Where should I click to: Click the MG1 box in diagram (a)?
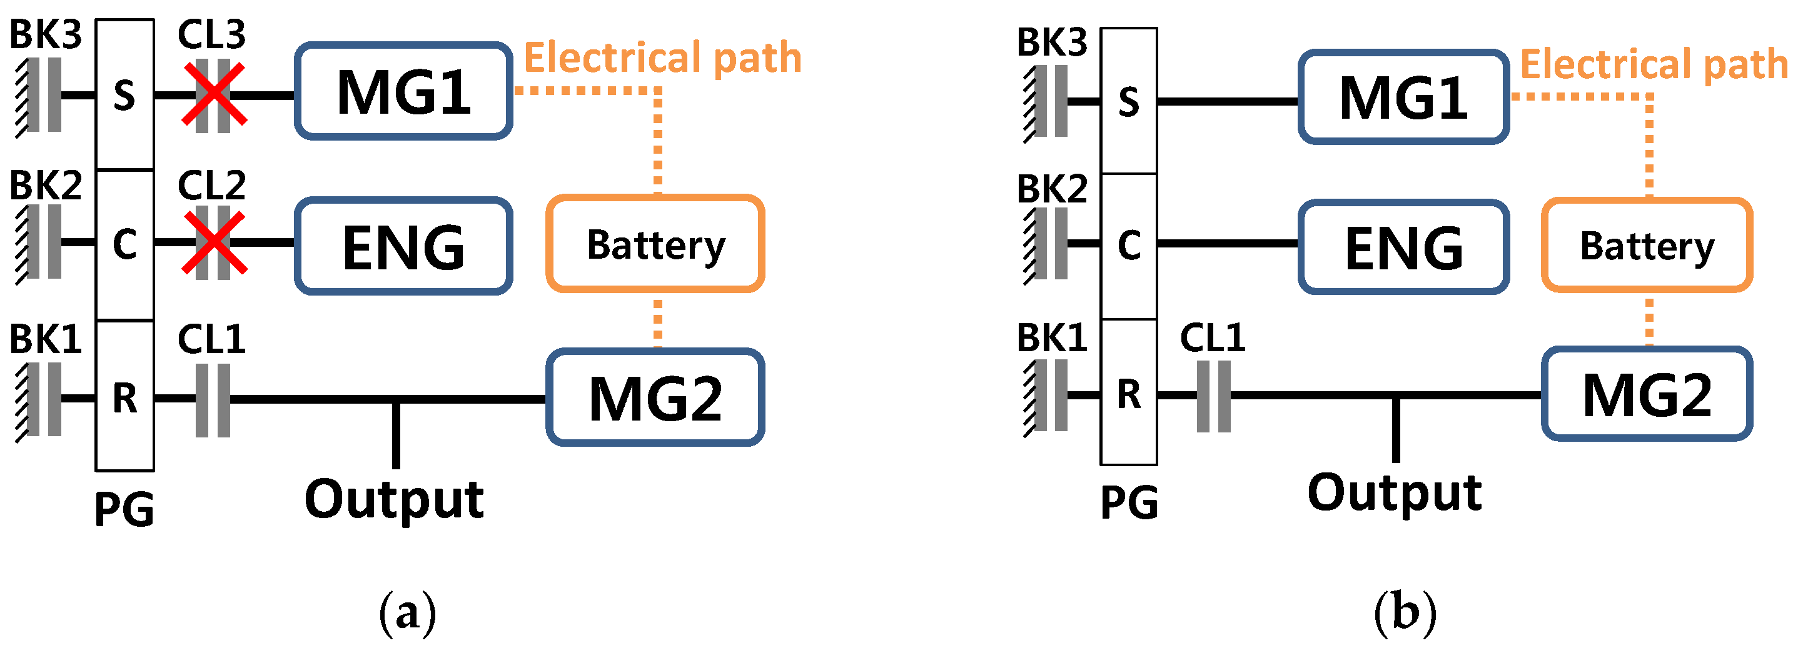(403, 91)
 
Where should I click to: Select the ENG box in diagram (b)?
(1403, 247)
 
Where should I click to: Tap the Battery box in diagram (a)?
(655, 244)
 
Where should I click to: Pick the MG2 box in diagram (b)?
(1646, 394)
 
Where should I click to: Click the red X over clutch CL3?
(214, 94)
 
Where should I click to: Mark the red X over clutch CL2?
(214, 242)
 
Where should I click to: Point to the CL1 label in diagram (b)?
(1213, 337)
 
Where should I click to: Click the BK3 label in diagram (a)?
(46, 34)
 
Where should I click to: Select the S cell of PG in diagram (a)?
(124, 95)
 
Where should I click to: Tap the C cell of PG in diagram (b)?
(1129, 246)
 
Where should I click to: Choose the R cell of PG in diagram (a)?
(124, 397)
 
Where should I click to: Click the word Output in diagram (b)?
(1394, 492)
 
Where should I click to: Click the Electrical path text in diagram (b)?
(1653, 64)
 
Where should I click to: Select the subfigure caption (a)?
(407, 612)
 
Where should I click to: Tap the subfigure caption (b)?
(1405, 612)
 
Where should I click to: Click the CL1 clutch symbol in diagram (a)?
(213, 400)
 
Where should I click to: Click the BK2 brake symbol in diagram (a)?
(42, 242)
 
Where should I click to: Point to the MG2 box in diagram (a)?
(655, 397)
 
